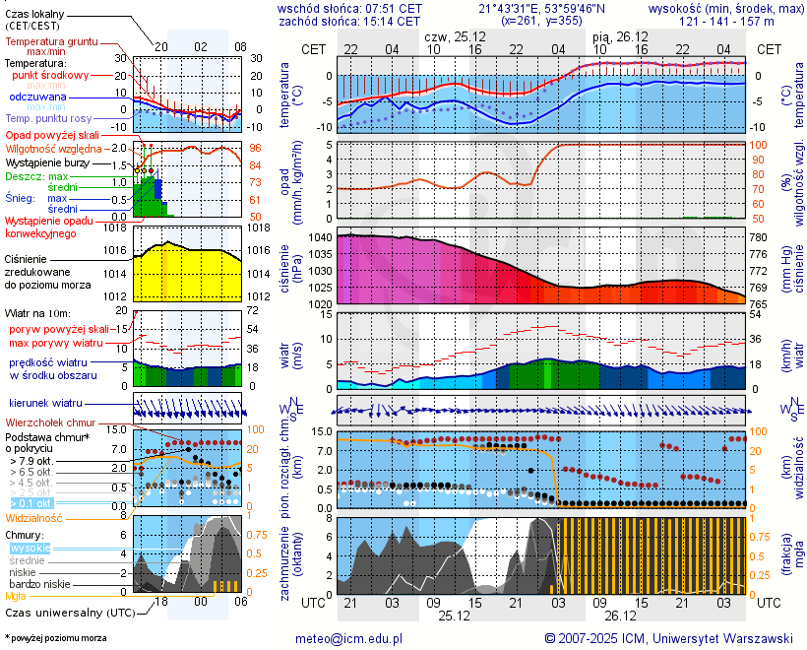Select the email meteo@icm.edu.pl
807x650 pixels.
(x=349, y=638)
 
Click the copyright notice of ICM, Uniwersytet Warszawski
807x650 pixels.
(x=669, y=638)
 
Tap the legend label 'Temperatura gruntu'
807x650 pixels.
(x=51, y=42)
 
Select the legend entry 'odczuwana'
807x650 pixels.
(x=37, y=97)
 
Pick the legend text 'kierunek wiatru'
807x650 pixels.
(x=45, y=404)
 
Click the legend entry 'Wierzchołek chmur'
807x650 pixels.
(x=48, y=422)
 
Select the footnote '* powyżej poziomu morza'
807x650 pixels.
(x=55, y=638)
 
